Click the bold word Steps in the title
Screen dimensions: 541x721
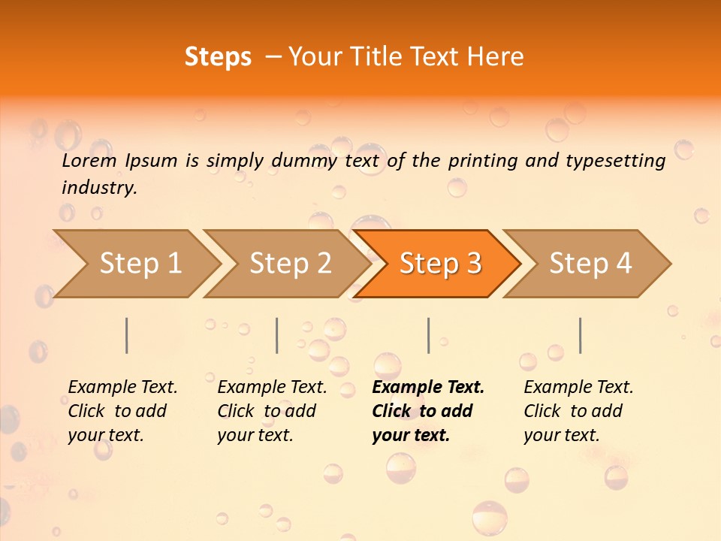(x=218, y=57)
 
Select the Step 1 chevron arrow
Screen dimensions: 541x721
(x=135, y=264)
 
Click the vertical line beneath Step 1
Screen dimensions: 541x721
(x=127, y=335)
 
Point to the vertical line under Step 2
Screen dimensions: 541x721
(x=277, y=335)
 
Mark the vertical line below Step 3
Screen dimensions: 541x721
(x=428, y=335)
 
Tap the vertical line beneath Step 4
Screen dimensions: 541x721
(x=580, y=335)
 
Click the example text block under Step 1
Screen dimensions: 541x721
(x=122, y=411)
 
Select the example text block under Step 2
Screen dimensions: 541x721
(x=272, y=411)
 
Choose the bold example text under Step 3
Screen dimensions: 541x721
(x=428, y=411)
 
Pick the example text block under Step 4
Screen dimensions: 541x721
(x=578, y=411)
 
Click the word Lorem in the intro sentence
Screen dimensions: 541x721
(x=89, y=160)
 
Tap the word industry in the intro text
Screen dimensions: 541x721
(x=99, y=188)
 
